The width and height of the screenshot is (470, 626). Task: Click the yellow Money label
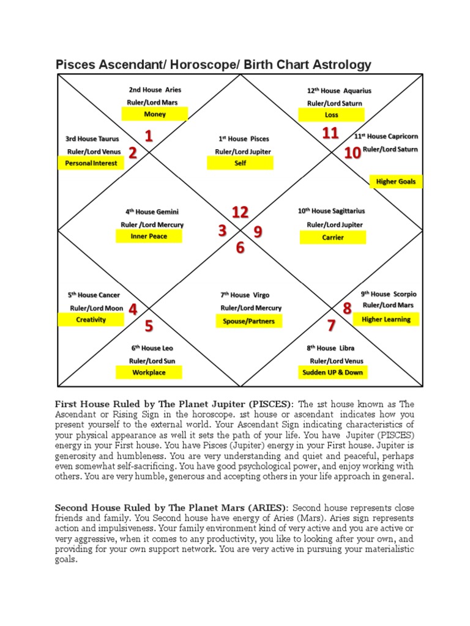[x=155, y=114]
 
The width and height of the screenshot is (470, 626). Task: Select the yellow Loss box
[x=331, y=115]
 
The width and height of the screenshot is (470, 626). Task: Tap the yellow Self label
[x=240, y=163]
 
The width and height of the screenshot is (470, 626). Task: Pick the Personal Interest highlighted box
[x=91, y=163]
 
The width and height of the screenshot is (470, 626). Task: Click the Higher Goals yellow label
[x=396, y=182]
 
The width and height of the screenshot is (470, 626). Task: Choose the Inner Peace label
[x=149, y=237]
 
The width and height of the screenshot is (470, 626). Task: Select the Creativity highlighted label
[x=91, y=320]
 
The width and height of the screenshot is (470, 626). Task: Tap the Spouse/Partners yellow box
[x=245, y=321]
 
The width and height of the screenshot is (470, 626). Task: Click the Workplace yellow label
[x=149, y=372]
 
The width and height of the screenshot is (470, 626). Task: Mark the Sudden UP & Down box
[x=332, y=372]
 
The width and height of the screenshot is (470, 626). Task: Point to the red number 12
[x=240, y=212]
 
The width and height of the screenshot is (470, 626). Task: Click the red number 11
[x=330, y=133]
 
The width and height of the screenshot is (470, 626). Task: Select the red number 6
[x=240, y=248]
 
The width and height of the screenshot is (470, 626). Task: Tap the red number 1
[x=149, y=136]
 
